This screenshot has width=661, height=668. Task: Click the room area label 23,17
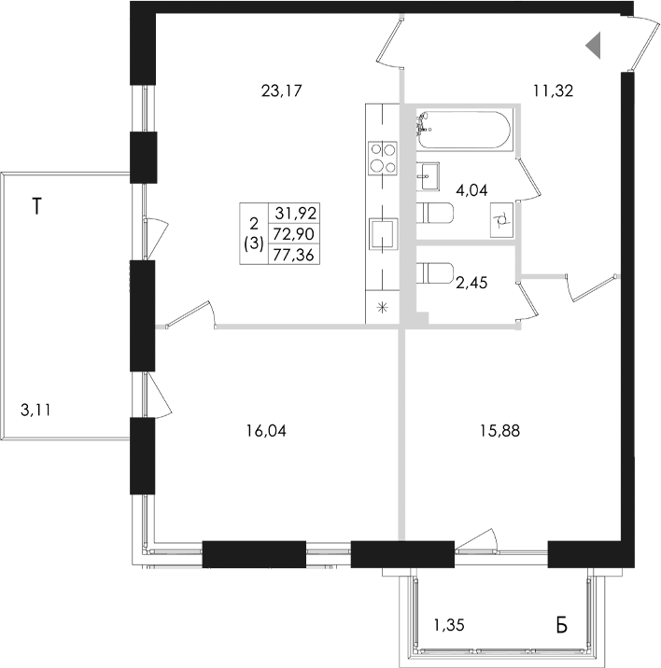click(281, 90)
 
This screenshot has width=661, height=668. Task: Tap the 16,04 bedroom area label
click(266, 431)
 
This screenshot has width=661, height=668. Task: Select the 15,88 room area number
click(499, 431)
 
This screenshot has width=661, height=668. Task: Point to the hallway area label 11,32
click(553, 90)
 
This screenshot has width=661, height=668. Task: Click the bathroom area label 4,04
click(471, 190)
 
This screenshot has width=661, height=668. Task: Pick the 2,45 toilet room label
click(471, 283)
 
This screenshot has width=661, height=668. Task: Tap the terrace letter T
click(37, 206)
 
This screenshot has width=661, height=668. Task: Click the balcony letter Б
click(562, 625)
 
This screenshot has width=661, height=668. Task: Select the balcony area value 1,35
click(449, 625)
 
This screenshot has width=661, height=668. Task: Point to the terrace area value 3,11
click(35, 411)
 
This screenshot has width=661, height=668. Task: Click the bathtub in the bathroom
click(464, 130)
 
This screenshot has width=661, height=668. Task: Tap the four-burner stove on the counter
click(383, 157)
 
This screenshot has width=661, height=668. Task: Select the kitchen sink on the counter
click(383, 234)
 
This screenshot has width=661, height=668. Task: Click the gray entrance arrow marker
click(593, 45)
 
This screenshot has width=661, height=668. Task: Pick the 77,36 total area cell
click(294, 255)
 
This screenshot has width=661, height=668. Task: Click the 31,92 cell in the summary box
click(294, 213)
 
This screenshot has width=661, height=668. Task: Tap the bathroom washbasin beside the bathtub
click(428, 176)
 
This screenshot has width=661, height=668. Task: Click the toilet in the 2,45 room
click(434, 273)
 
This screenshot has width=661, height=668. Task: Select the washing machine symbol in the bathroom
click(501, 220)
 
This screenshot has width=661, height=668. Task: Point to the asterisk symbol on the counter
click(383, 307)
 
